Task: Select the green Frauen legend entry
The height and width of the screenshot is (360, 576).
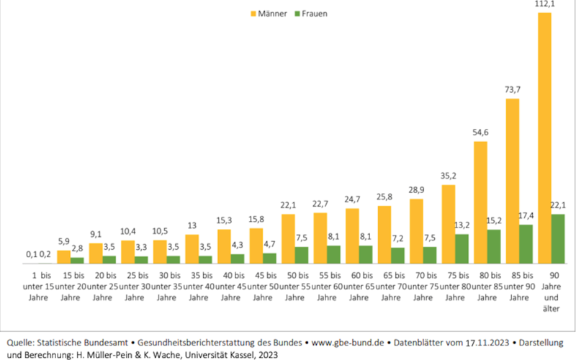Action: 310,14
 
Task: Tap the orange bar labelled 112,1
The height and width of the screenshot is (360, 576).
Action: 544,137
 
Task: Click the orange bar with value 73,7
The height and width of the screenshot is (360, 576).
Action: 512,180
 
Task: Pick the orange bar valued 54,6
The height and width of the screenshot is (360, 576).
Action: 480,202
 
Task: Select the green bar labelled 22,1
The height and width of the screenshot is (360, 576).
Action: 558,238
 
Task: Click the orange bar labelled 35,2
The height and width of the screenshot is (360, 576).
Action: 448,223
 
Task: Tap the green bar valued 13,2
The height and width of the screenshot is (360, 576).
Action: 462,248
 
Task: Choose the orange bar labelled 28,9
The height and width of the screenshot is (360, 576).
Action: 416,230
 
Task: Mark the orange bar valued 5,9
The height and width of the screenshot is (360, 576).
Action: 64,256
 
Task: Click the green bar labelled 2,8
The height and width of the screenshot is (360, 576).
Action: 77,260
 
